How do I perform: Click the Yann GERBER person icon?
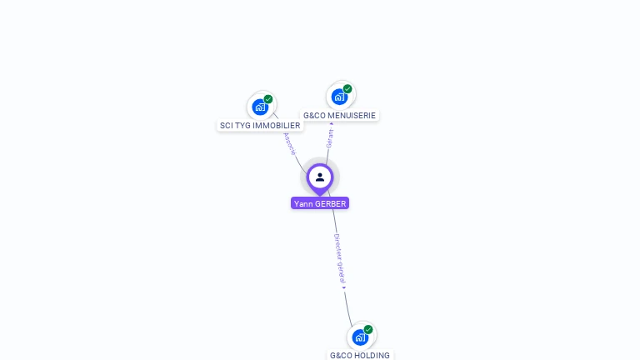[320, 177]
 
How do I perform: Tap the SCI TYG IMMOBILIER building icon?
[260, 107]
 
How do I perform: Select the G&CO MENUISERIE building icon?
[339, 97]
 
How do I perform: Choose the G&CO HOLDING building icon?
[359, 337]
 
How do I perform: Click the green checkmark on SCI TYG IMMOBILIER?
[268, 99]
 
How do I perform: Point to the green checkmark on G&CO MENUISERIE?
[347, 89]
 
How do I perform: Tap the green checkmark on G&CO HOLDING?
[368, 329]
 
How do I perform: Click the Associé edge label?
[290, 143]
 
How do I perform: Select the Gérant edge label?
[330, 138]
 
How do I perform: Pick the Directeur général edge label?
[338, 257]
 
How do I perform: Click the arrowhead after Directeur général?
[344, 287]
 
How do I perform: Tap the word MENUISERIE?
[352, 116]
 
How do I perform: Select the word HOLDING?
[372, 356]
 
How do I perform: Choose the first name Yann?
[303, 203]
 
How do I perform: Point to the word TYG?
[242, 126]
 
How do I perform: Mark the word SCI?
[226, 126]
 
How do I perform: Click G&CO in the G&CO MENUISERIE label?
[314, 116]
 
